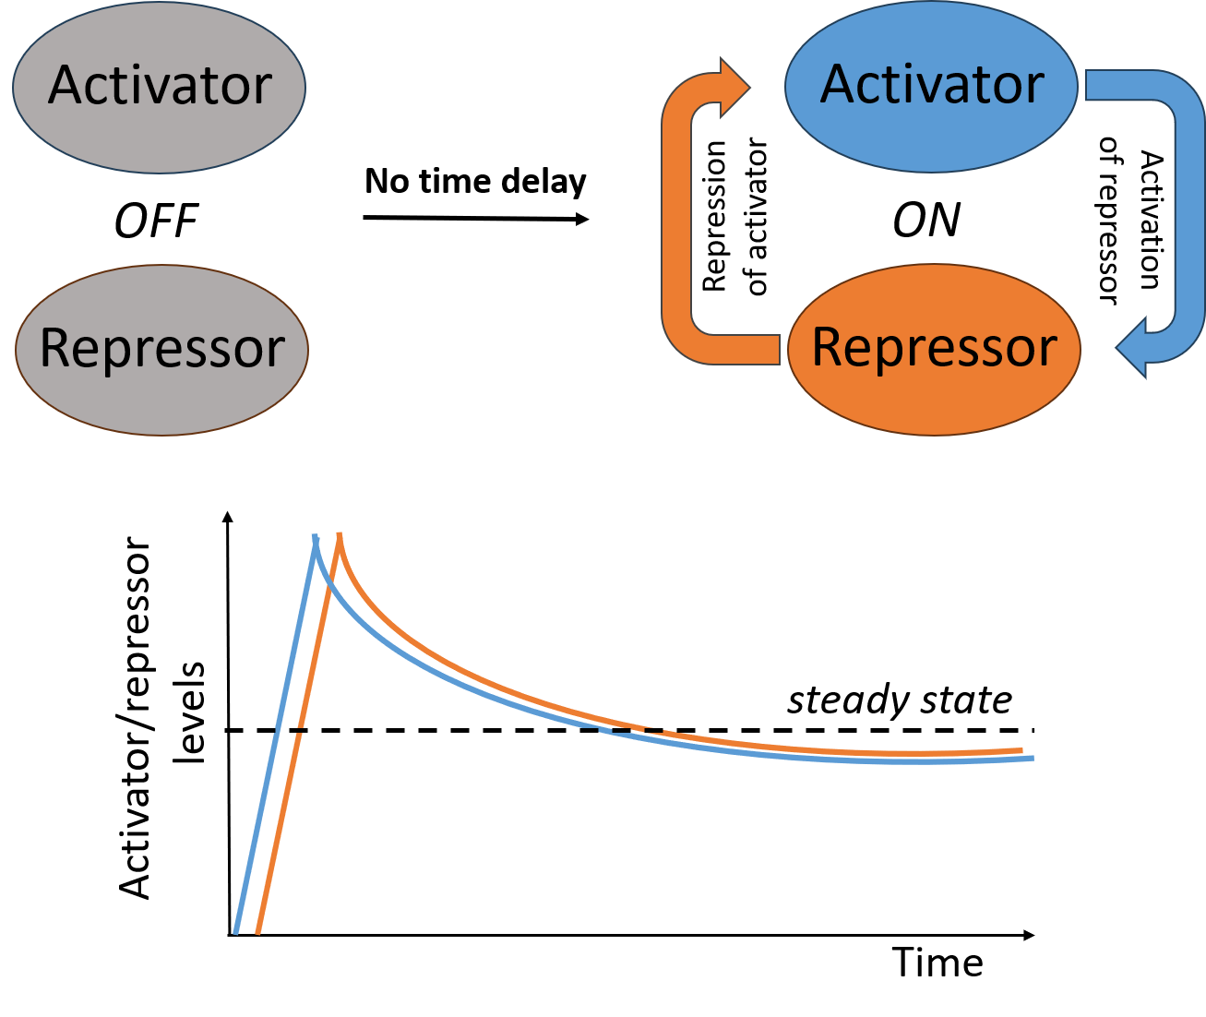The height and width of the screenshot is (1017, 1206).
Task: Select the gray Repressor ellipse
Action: tap(161, 351)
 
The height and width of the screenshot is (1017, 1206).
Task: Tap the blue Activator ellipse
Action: tap(931, 86)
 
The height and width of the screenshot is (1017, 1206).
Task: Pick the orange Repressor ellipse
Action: tap(933, 350)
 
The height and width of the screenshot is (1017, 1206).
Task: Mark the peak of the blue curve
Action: tap(316, 536)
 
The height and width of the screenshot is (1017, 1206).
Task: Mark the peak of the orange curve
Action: tap(340, 534)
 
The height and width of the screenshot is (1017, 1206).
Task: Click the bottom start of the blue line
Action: tap(236, 931)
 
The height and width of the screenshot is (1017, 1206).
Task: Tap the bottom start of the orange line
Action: tap(257, 931)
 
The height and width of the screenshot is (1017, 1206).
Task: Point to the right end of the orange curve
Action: tap(1021, 750)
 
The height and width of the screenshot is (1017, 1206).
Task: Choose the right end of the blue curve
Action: tap(1032, 759)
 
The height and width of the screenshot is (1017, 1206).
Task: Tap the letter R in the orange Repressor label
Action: tap(828, 349)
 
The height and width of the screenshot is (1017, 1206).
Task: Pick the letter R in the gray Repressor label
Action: tap(56, 350)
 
